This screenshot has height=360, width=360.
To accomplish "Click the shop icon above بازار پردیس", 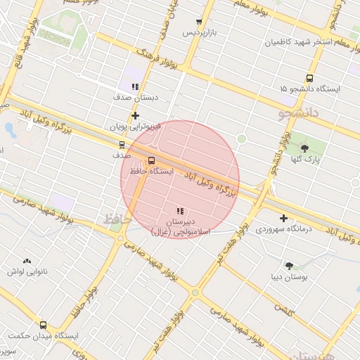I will pyautogui.click(x=199, y=22).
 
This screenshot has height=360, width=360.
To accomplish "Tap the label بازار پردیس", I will pyautogui.click(x=198, y=32).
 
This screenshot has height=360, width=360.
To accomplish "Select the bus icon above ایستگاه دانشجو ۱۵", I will pyautogui.click(x=309, y=78).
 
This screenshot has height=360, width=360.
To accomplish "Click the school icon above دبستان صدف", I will pyautogui.click(x=135, y=86).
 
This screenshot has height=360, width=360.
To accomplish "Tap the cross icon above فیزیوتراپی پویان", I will pyautogui.click(x=135, y=115).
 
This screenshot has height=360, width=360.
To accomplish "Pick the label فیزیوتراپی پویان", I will pyautogui.click(x=136, y=127).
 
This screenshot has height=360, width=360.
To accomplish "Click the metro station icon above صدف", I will pyautogui.click(x=123, y=144).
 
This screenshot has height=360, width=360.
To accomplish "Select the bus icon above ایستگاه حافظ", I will pyautogui.click(x=152, y=160).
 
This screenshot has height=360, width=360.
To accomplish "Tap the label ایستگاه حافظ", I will pyautogui.click(x=153, y=171).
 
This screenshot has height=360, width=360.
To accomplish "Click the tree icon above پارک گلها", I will pyautogui.click(x=304, y=148).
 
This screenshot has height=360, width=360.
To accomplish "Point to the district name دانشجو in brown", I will pyautogui.click(x=299, y=111).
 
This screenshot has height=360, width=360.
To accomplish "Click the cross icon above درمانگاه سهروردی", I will pyautogui.click(x=283, y=218).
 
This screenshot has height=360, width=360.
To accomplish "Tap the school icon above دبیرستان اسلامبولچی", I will pyautogui.click(x=180, y=210).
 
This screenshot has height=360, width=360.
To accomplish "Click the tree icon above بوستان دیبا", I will pyautogui.click(x=289, y=265).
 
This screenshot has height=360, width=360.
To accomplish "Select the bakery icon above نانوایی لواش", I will pyautogui.click(x=27, y=260).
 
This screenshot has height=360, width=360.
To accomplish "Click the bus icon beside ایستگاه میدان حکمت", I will pyautogui.click(x=44, y=325).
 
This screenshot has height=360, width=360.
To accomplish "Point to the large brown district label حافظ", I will pyautogui.click(x=117, y=220).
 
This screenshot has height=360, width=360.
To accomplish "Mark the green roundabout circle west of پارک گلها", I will pyautogui.click(x=242, y=139).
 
